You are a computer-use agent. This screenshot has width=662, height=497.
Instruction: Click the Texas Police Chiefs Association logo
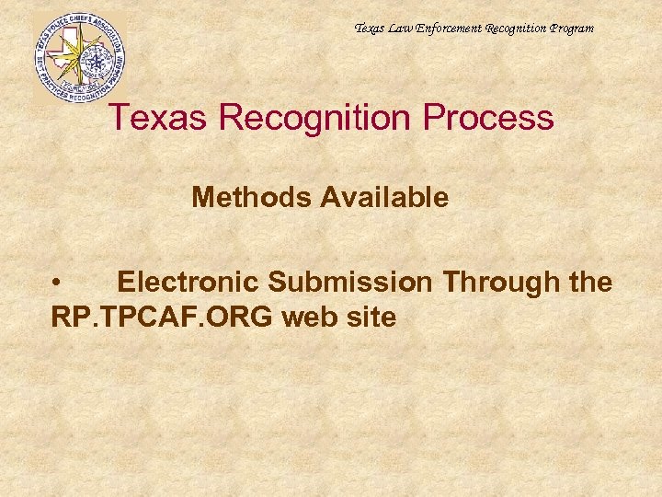78,57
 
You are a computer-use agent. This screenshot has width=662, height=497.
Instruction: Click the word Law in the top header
402,29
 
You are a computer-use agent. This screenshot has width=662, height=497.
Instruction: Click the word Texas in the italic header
371,29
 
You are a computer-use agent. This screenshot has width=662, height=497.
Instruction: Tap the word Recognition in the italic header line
516,29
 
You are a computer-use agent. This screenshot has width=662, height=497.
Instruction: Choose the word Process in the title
496,118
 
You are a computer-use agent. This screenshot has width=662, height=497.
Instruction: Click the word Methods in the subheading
247,197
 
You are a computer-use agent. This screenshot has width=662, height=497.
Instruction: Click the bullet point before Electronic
57,283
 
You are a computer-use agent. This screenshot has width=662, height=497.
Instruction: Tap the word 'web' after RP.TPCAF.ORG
309,318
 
